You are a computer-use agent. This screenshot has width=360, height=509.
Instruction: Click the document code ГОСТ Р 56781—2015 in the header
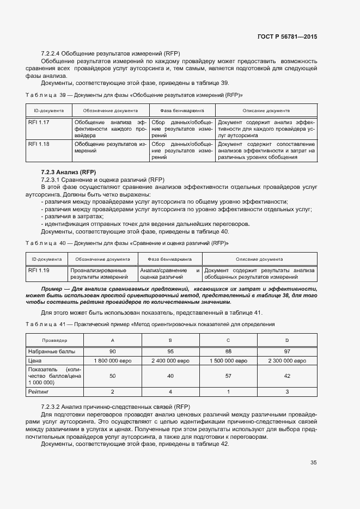287,36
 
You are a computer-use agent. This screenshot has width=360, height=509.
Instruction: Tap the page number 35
313,463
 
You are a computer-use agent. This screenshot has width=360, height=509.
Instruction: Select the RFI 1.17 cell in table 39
39,122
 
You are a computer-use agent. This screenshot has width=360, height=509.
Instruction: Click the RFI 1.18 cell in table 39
39,144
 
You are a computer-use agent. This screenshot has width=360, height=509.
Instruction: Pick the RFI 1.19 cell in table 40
39,270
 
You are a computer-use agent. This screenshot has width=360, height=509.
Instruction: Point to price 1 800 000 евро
112,360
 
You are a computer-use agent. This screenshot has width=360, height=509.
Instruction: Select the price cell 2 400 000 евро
171,360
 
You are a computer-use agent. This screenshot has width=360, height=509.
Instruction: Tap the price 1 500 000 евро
229,360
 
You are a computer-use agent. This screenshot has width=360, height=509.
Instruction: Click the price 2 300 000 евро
287,360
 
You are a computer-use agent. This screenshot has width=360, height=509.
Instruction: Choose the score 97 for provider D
287,351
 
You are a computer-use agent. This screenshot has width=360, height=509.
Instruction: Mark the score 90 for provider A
112,351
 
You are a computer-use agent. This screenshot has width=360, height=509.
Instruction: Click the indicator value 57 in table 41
229,376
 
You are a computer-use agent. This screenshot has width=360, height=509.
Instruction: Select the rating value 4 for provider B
171,391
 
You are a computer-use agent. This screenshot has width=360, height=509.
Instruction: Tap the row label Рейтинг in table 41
38,391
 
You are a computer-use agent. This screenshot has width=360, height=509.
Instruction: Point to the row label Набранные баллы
48,351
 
